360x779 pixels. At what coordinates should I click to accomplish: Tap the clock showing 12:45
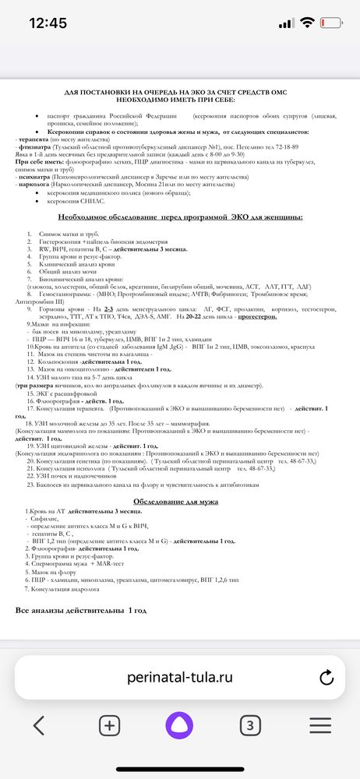point(48,23)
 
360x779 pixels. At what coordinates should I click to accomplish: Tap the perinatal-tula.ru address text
point(180,677)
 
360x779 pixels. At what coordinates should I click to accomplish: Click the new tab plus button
point(109,725)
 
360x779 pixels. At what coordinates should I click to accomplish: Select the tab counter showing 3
point(249,725)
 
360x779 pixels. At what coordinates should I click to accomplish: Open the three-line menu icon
point(320,725)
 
